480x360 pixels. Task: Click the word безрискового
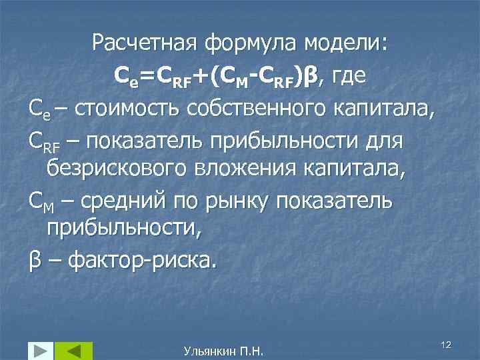click(118, 169)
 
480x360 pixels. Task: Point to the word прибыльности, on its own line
click(123, 229)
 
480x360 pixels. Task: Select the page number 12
click(447, 343)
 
